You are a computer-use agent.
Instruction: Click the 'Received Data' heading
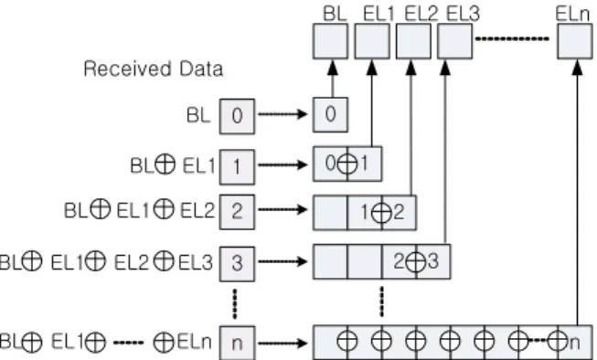pos(153,69)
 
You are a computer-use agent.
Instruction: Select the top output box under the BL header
pos(330,41)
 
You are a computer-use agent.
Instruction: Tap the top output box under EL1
pos(372,41)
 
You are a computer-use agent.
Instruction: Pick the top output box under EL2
pos(413,41)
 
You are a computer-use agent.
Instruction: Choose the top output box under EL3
pos(455,41)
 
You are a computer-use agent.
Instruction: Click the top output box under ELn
pos(575,41)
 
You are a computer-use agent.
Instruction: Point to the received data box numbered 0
pos(237,116)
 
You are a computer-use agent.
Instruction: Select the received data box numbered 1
pos(237,167)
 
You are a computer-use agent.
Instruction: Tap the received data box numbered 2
pos(237,212)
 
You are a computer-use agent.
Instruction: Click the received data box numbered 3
pos(237,264)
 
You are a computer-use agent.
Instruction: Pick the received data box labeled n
pos(237,343)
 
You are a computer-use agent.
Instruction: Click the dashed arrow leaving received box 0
pos(283,114)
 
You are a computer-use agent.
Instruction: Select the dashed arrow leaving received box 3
pos(283,261)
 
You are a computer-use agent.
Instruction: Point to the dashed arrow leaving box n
pos(283,344)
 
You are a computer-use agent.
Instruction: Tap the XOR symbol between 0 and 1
pos(347,164)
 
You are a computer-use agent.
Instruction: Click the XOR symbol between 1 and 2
pos(381,213)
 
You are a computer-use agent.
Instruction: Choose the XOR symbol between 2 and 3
pos(416,262)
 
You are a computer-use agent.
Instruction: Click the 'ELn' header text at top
pos(572,14)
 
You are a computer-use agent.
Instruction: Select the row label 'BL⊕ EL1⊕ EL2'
pos(139,210)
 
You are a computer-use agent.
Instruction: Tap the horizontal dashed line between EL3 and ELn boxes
pos(513,38)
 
